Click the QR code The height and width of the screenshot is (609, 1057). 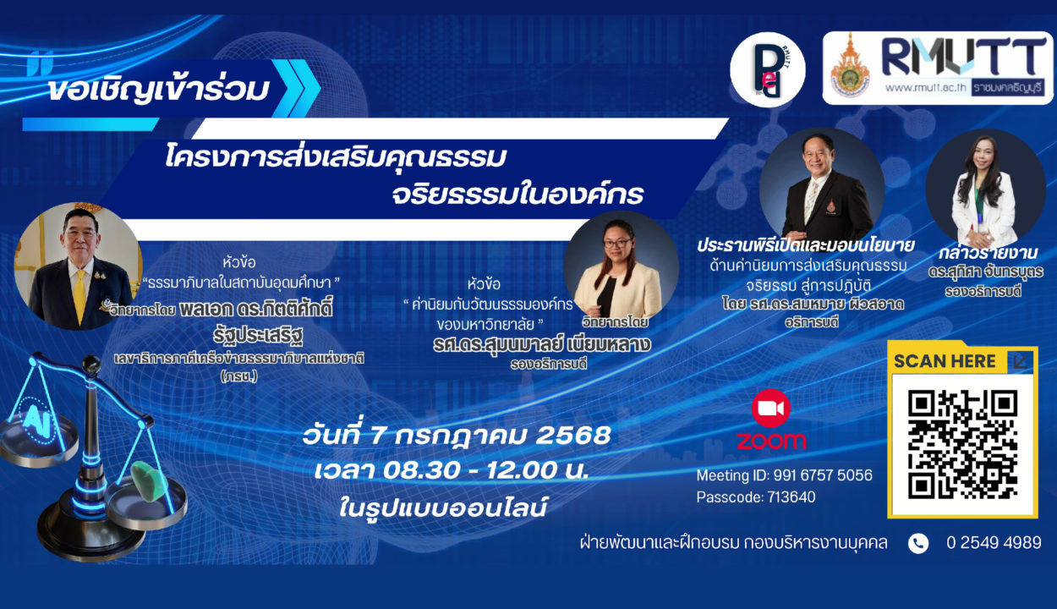(962, 444)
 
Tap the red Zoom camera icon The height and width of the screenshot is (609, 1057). (771, 409)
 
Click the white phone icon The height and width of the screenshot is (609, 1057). (918, 543)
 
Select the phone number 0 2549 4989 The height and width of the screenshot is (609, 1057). (994, 542)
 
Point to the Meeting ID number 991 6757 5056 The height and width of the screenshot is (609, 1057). (823, 475)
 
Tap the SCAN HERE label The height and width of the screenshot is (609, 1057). (945, 361)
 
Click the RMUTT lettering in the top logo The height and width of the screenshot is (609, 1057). (963, 57)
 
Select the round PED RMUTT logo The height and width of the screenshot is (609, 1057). (768, 70)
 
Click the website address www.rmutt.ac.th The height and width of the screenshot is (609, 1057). (925, 87)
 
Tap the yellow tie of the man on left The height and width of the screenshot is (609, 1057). (80, 296)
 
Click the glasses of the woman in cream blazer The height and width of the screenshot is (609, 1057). (617, 244)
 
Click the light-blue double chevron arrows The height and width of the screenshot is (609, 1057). (296, 88)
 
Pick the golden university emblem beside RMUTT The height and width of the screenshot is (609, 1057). (850, 66)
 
